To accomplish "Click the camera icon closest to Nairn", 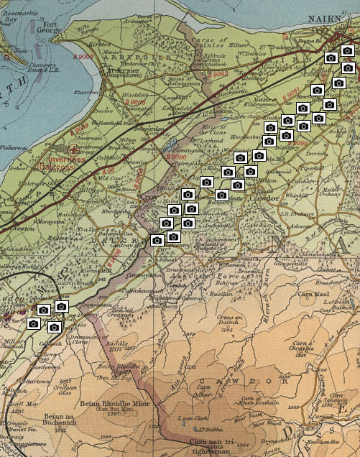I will [x=347, y=51].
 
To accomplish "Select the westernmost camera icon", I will [x=33, y=324].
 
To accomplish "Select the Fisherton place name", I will [x=12, y=147].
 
